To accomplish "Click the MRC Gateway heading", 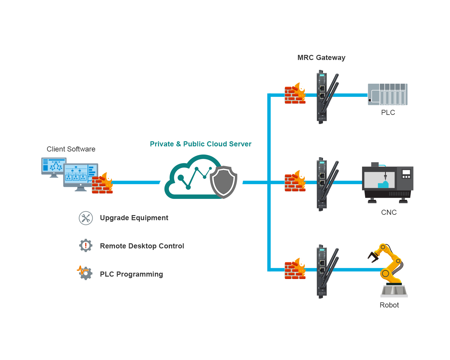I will pos(321,58).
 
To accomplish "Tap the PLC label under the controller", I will pos(388,112).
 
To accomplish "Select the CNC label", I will pos(389,212).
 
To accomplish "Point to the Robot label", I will pos(389,305).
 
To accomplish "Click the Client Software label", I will pos(71,149).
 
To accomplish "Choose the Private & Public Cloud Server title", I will pos(200,144).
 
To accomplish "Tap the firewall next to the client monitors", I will pos(102,183).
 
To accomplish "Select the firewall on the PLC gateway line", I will pos(295,94).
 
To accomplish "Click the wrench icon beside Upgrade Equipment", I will pos(86,218).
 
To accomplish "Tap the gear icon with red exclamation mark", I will pos(86,246).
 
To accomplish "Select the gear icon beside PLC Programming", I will pos(85,273).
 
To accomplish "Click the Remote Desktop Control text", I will pos(142,246).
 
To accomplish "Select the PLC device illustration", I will pos(388,94).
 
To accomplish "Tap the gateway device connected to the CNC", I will pos(322,184).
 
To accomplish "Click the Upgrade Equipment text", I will pos(134,218).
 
